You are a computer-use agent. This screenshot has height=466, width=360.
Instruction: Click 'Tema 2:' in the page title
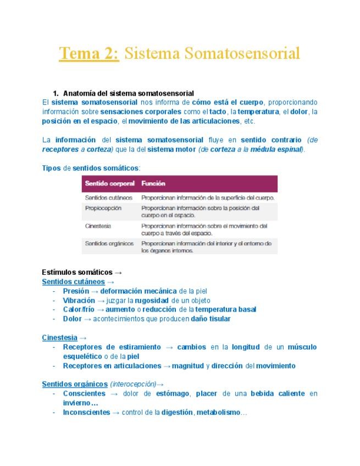click(x=88, y=54)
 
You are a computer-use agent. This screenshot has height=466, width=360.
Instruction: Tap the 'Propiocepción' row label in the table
click(x=104, y=209)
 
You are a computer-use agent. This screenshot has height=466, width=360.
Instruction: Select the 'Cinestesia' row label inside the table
click(x=99, y=226)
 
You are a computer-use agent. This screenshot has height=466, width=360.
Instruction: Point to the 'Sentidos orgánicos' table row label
click(x=110, y=243)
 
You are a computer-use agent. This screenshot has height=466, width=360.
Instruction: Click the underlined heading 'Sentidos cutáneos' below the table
click(x=73, y=281)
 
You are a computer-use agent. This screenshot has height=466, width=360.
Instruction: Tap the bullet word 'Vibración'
click(x=79, y=300)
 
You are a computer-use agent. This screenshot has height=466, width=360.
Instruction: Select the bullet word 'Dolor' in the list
click(x=73, y=318)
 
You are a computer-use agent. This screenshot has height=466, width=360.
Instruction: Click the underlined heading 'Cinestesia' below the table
click(x=59, y=337)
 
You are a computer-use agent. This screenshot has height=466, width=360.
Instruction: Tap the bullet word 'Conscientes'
click(x=84, y=393)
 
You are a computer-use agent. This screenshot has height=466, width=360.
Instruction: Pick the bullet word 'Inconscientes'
click(x=86, y=412)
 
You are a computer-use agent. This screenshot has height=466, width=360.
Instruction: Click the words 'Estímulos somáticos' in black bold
click(x=77, y=272)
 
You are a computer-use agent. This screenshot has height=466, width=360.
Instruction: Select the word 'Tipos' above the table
click(x=52, y=167)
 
